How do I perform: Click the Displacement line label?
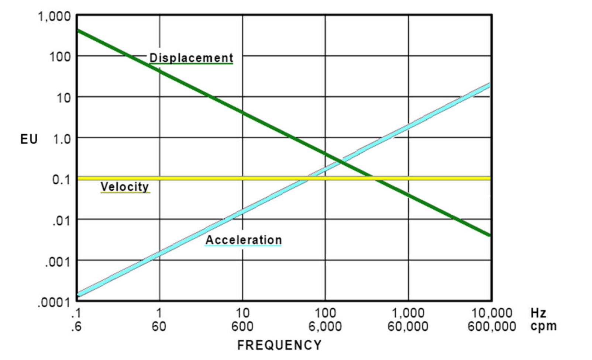point(191,58)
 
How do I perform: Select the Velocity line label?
point(125,187)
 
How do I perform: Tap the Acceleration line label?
point(244,240)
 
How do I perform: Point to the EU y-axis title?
point(29,139)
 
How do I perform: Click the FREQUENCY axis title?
point(279,345)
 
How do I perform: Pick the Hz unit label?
point(538,313)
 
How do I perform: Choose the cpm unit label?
point(543,326)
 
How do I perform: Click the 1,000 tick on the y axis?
point(54,16)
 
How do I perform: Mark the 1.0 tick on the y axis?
point(61,139)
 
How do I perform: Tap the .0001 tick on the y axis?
point(54,302)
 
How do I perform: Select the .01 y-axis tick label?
point(61,221)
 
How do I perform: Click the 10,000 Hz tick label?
point(492,313)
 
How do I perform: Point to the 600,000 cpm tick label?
point(492,326)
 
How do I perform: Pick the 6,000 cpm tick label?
point(325,326)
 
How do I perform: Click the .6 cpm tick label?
point(76,326)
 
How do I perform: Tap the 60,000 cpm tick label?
point(408,326)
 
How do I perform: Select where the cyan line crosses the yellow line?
point(308,179)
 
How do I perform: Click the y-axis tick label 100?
point(60,57)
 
